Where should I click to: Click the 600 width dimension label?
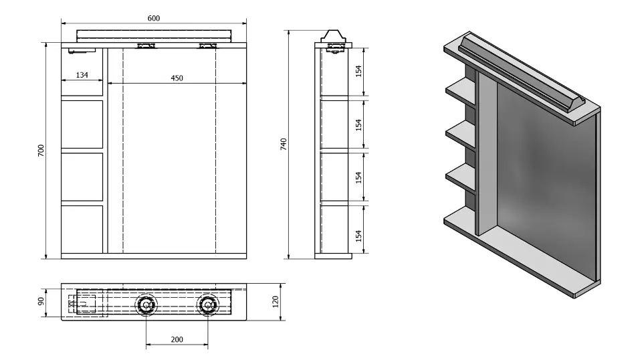point(154,18)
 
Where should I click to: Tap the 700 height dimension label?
point(41,151)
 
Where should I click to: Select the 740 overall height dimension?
point(284,144)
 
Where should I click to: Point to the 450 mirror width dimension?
point(177,78)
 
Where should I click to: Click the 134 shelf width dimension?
point(82,75)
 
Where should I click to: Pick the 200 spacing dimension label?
point(177,339)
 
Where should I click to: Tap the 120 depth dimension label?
point(276,301)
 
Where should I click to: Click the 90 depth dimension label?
point(41,301)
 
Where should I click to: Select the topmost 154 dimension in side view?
point(358,71)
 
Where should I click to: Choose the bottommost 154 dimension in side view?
point(358,236)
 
